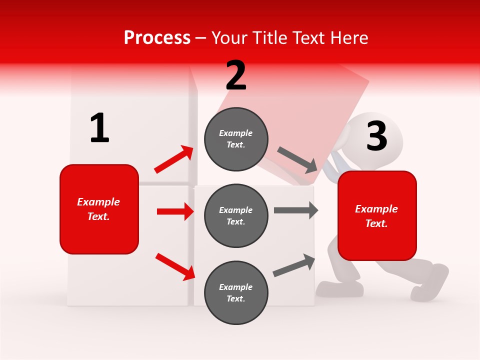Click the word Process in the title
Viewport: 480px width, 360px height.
(157, 38)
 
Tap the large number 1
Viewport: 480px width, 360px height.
(99, 128)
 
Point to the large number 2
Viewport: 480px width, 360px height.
(236, 75)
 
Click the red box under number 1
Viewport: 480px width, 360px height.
(99, 209)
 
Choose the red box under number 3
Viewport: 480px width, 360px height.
(377, 216)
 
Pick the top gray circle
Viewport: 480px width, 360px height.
(236, 139)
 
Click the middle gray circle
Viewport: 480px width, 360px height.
(236, 216)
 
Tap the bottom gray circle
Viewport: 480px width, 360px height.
(236, 292)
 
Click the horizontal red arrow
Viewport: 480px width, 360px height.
(175, 211)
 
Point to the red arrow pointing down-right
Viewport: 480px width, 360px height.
(175, 266)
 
